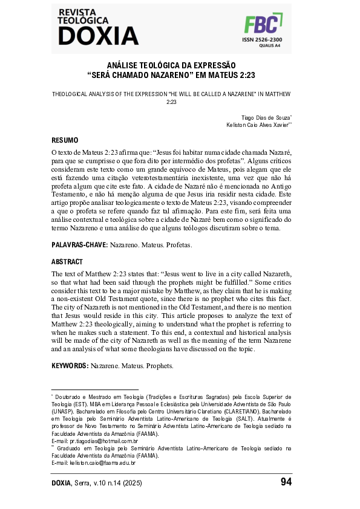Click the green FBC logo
(x=262, y=25)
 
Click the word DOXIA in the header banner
(x=98, y=36)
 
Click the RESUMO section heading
(x=65, y=139)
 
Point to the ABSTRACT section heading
(x=67, y=262)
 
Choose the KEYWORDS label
(x=70, y=366)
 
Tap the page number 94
(x=286, y=482)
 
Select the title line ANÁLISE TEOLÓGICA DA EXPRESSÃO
(x=171, y=65)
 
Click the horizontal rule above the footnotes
(x=95, y=389)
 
